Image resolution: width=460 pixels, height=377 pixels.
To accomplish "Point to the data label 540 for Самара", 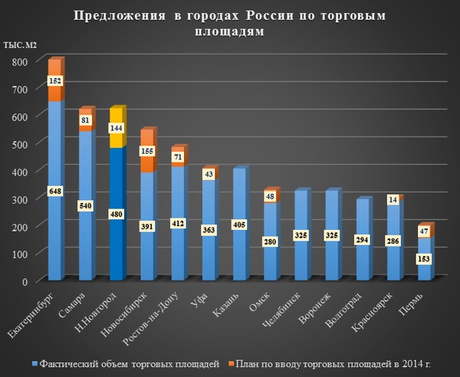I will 86,206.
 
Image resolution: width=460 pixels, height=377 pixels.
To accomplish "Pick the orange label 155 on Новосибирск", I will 148,152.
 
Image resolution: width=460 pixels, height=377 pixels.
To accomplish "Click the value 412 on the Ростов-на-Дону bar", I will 179,223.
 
